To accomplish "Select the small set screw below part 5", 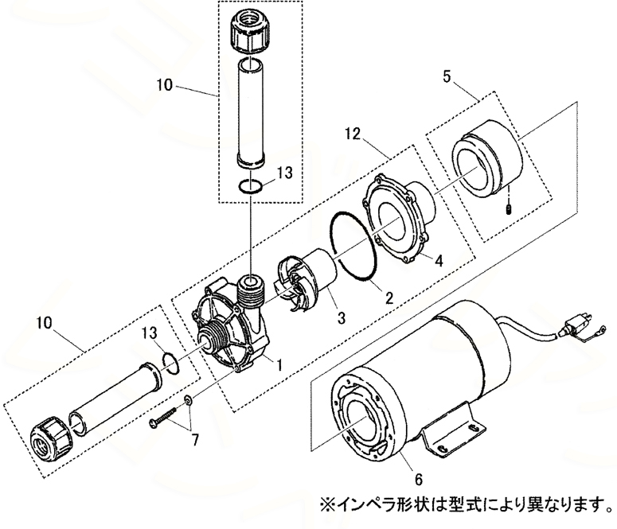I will coord(508,209).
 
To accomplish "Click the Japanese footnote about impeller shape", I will coord(466,504).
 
